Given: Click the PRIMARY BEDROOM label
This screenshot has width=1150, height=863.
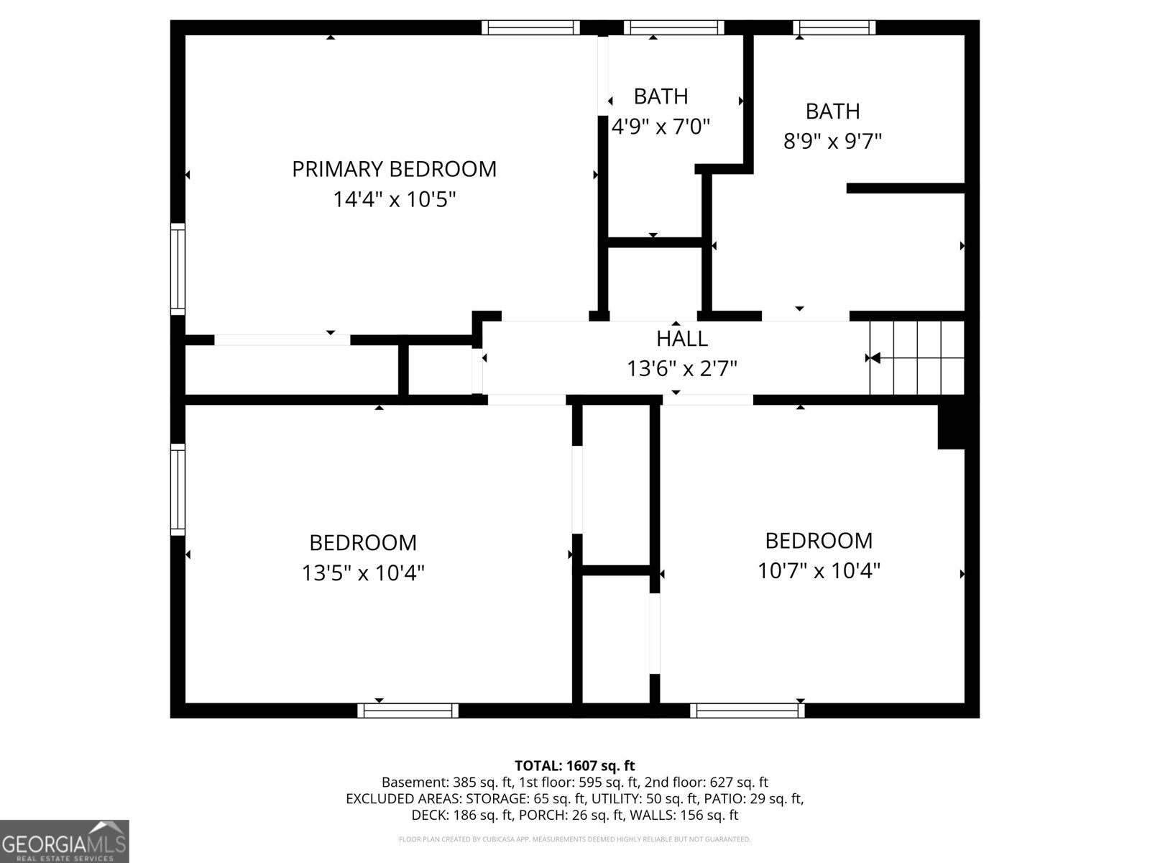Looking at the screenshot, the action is tap(394, 169).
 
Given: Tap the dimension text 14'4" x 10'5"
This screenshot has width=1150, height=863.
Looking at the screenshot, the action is tap(395, 199).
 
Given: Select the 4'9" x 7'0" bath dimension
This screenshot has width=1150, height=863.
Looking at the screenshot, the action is tap(661, 127).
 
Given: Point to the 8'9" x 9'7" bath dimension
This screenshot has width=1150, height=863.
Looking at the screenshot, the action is tap(832, 141).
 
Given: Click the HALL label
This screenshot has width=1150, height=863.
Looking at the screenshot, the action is tap(682, 339).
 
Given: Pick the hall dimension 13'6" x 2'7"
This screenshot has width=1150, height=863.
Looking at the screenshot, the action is tap(682, 369).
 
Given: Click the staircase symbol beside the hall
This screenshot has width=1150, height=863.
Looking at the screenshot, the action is tap(917, 358).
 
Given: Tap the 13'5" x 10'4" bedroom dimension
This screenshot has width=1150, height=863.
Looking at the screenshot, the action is tap(363, 572).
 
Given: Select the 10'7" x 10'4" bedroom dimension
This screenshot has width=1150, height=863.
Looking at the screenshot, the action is tap(819, 570).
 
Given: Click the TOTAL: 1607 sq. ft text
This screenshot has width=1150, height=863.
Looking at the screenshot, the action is tap(575, 766).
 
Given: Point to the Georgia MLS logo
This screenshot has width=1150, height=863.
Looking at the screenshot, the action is tap(64, 841).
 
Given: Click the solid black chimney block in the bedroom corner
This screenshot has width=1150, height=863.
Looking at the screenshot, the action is tap(951, 427).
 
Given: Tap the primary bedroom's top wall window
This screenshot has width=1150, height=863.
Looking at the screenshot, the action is tap(530, 27).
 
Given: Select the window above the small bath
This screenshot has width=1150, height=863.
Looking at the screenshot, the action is tap(673, 27).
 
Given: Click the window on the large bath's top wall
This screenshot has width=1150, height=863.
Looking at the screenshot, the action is tap(834, 27).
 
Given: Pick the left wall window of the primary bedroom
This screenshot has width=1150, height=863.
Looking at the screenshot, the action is tap(178, 269).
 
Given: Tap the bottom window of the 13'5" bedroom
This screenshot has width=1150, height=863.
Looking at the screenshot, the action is tap(408, 711).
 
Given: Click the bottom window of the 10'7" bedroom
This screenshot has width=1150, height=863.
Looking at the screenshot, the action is tap(747, 711).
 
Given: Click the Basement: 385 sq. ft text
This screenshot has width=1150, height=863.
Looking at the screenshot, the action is tap(447, 782).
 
